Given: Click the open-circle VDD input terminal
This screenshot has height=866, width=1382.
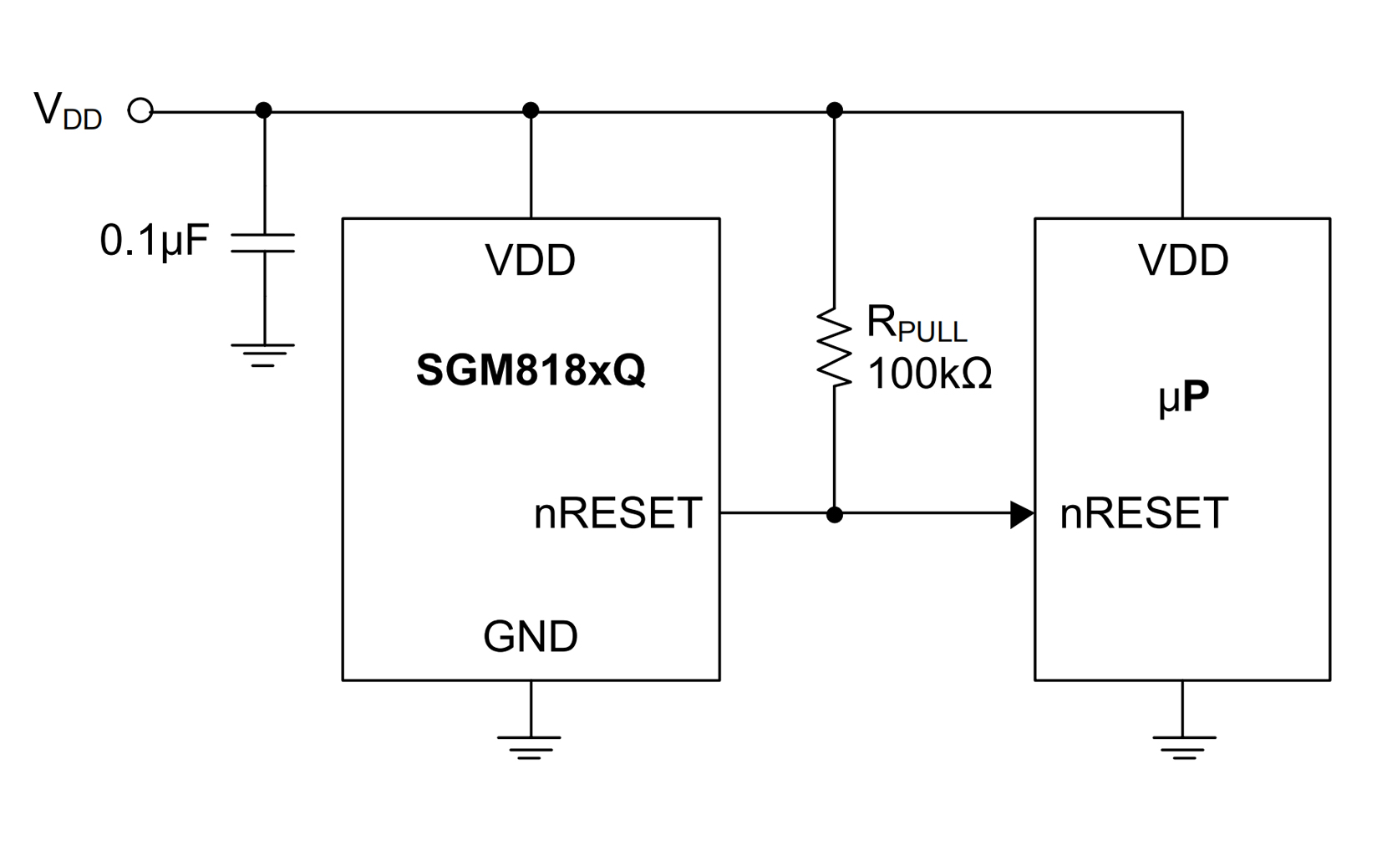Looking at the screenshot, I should click(x=140, y=110).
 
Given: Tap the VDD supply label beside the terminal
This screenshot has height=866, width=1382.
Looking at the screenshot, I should click(x=68, y=110).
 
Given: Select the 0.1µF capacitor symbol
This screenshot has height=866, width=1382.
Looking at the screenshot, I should click(x=263, y=243).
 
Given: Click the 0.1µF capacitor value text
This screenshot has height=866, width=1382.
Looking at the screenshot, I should click(x=154, y=241).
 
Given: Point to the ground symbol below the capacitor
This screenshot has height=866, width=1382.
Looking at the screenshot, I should click(x=263, y=353).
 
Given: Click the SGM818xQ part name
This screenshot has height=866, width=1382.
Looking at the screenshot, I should click(x=531, y=369).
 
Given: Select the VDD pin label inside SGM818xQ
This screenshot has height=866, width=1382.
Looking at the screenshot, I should click(x=531, y=260).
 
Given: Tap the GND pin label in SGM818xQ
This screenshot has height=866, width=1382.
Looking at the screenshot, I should click(x=531, y=637).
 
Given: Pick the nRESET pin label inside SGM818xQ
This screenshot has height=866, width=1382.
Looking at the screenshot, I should click(x=617, y=513).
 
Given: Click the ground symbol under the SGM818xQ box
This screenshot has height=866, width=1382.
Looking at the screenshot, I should click(x=530, y=746).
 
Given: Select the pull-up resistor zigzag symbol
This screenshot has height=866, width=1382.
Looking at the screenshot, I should click(x=834, y=347).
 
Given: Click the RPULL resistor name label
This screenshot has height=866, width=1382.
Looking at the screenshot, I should click(x=916, y=323).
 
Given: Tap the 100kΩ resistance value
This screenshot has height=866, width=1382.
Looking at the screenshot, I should click(x=929, y=374).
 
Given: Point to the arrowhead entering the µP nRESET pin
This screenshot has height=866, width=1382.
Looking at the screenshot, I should click(x=1022, y=515).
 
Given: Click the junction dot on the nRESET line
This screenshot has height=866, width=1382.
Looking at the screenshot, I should click(x=834, y=515).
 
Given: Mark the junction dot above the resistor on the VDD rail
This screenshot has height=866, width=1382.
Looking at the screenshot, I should click(x=834, y=110).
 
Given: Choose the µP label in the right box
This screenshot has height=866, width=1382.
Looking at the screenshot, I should click(x=1183, y=398).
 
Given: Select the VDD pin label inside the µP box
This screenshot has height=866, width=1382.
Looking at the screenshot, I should click(x=1183, y=260).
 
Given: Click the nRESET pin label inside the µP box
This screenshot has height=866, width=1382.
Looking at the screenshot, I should click(x=1144, y=513).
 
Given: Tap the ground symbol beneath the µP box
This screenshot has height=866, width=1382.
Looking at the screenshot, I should click(x=1183, y=746).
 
